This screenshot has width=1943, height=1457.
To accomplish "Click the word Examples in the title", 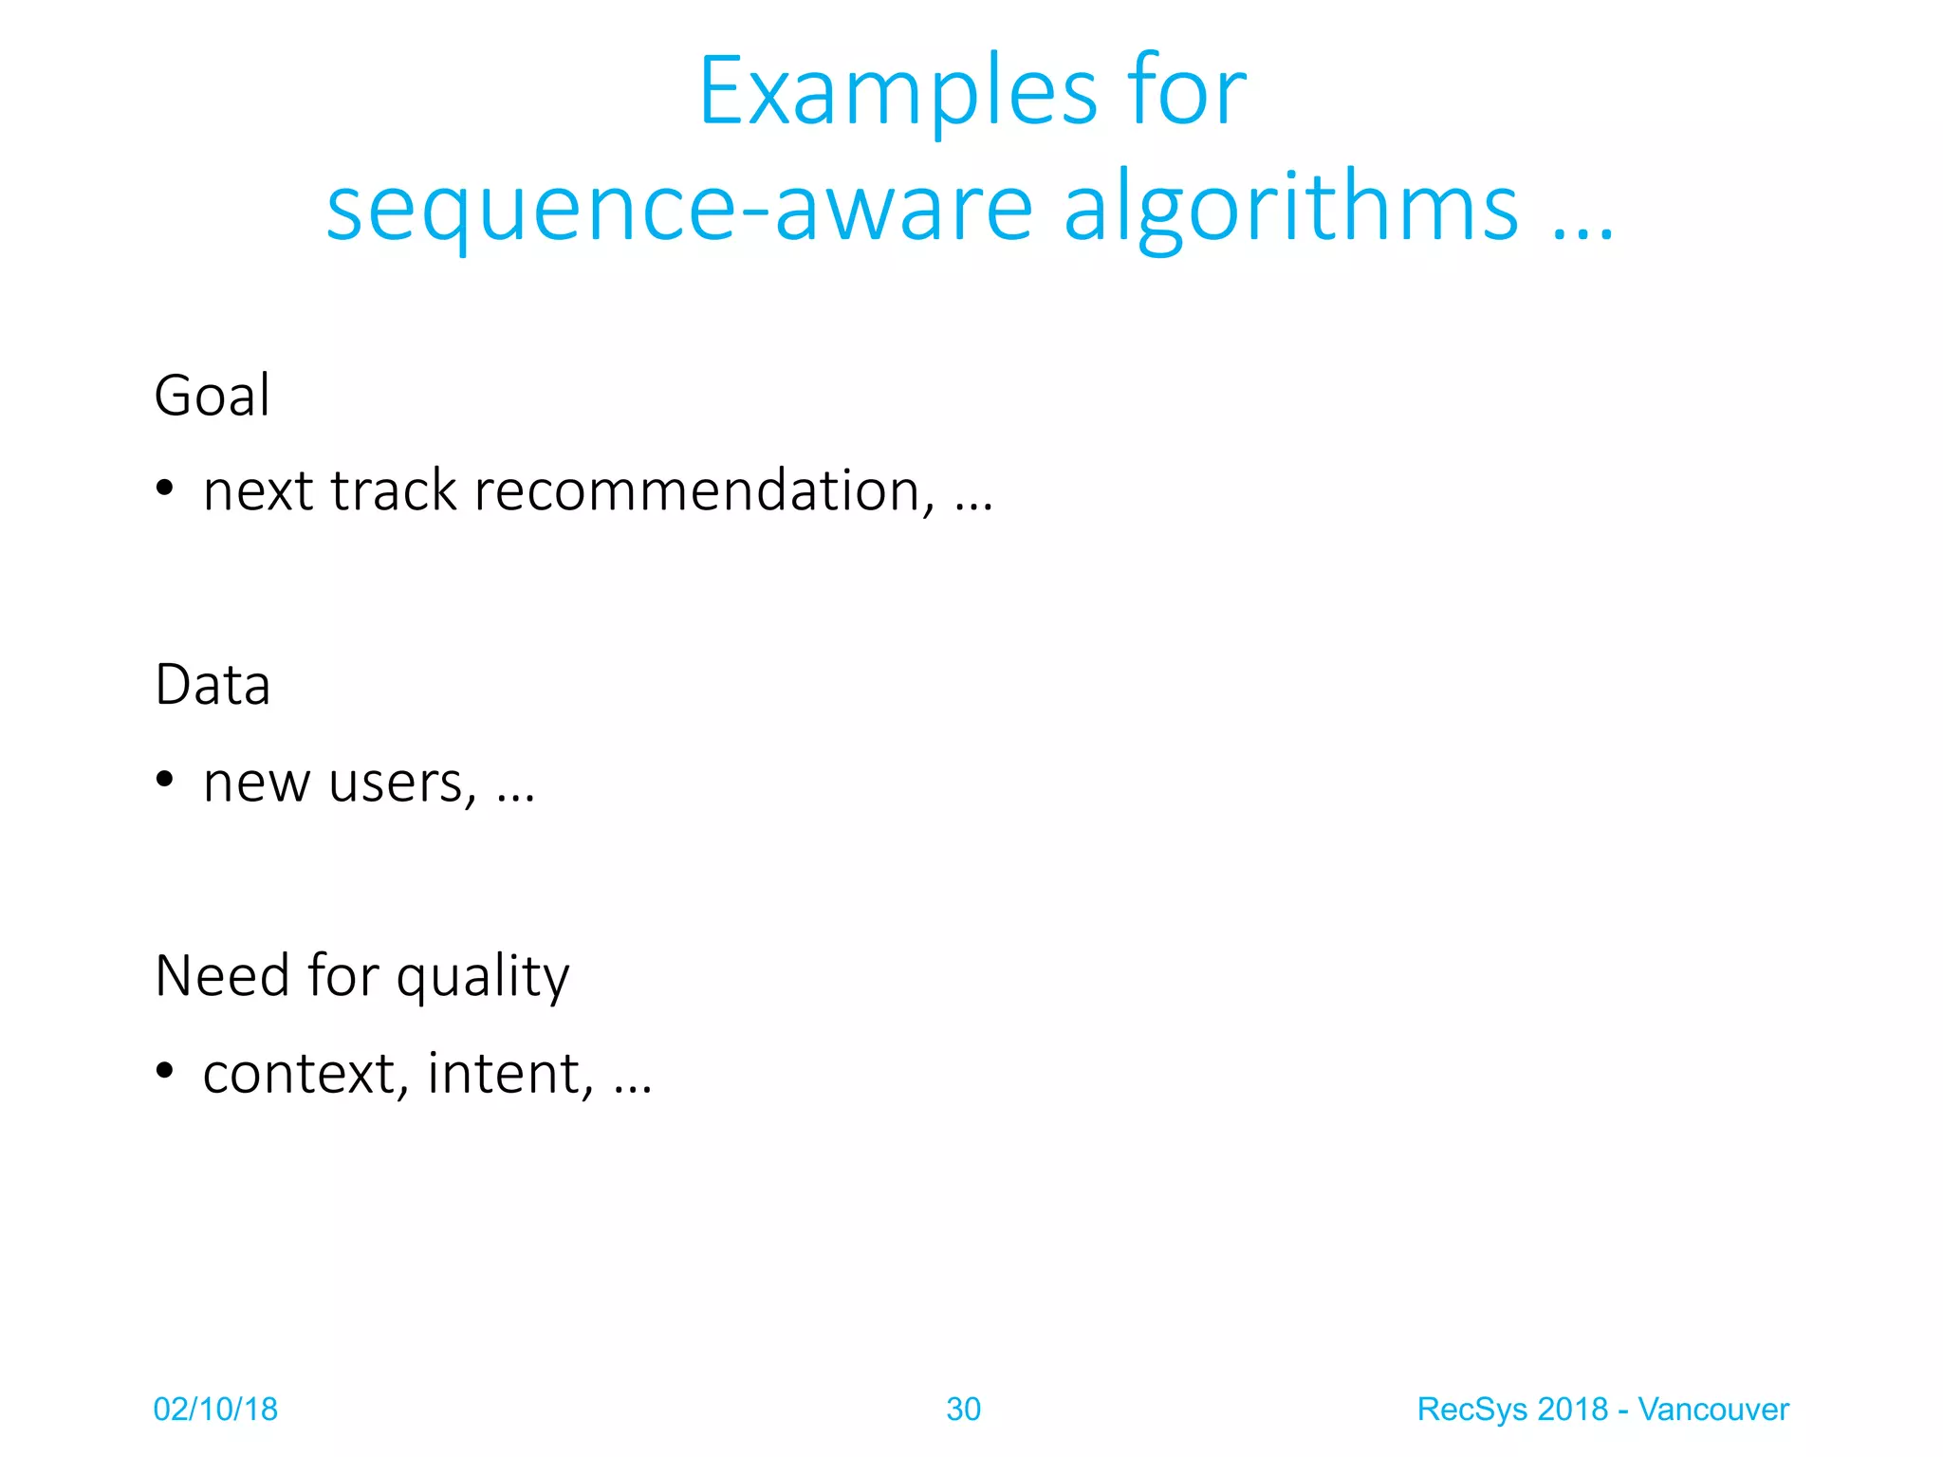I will coord(897,92).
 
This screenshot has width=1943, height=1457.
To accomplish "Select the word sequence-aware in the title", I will coord(678,210).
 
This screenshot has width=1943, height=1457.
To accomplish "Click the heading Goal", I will coord(213,396).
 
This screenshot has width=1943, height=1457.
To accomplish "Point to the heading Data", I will coord(213,685).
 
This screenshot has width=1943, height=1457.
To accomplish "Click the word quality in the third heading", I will coord(483,977).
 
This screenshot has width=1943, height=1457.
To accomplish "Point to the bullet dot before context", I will coord(165,1071).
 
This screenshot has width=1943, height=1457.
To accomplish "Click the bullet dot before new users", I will coord(165,780).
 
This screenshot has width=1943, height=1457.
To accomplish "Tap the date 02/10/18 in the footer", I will coord(215,1410).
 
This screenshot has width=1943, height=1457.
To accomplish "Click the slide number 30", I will coord(963,1410).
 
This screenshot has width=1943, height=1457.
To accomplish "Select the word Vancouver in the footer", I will coord(1712,1410).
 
